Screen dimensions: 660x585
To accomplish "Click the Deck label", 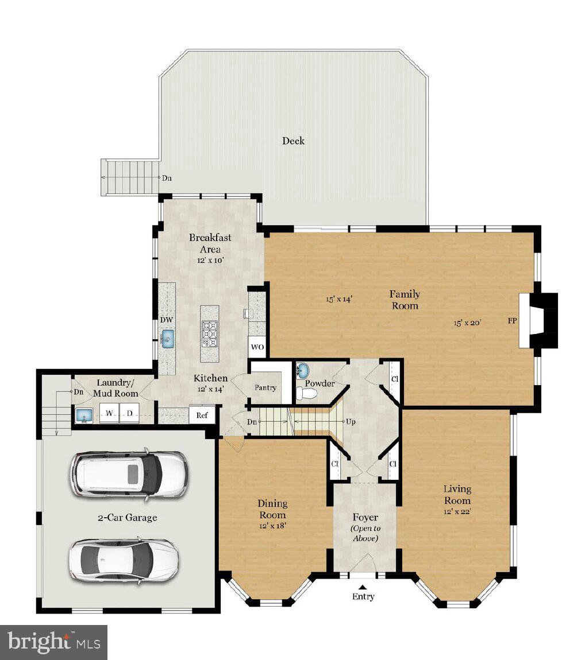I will pos(293,141).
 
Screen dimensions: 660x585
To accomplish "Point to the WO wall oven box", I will pos(257,347).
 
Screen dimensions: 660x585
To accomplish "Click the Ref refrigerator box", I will pos(202,414).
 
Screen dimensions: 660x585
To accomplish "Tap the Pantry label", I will pos(265,387).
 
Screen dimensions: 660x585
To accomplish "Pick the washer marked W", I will pos(109,413).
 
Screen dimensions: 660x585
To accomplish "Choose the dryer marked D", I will pos(130,413).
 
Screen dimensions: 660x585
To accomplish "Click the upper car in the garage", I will pos(129,473).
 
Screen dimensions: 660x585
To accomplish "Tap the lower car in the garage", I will pos(124,559).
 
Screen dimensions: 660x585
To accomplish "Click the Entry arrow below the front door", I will pos(363,587).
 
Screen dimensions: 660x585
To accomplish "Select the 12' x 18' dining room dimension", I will pos(272,525).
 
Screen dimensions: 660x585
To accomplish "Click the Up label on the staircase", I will pos(350,421).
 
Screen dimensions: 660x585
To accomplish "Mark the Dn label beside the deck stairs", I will pos(167,178).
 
